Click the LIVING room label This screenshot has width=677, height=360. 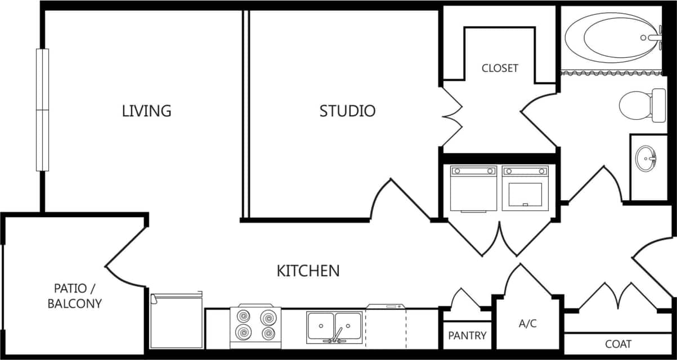click(146, 111)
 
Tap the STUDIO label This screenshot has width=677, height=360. click(347, 111)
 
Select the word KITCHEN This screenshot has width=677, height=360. click(308, 271)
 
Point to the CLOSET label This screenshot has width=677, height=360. click(500, 68)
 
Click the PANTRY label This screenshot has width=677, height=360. click(467, 336)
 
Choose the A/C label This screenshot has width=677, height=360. click(527, 324)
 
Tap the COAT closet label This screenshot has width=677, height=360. click(618, 344)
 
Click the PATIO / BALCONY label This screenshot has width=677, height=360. click(74, 296)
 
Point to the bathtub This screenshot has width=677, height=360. click(611, 39)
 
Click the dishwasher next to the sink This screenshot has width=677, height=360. click(385, 326)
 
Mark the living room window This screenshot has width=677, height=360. click(42, 110)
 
